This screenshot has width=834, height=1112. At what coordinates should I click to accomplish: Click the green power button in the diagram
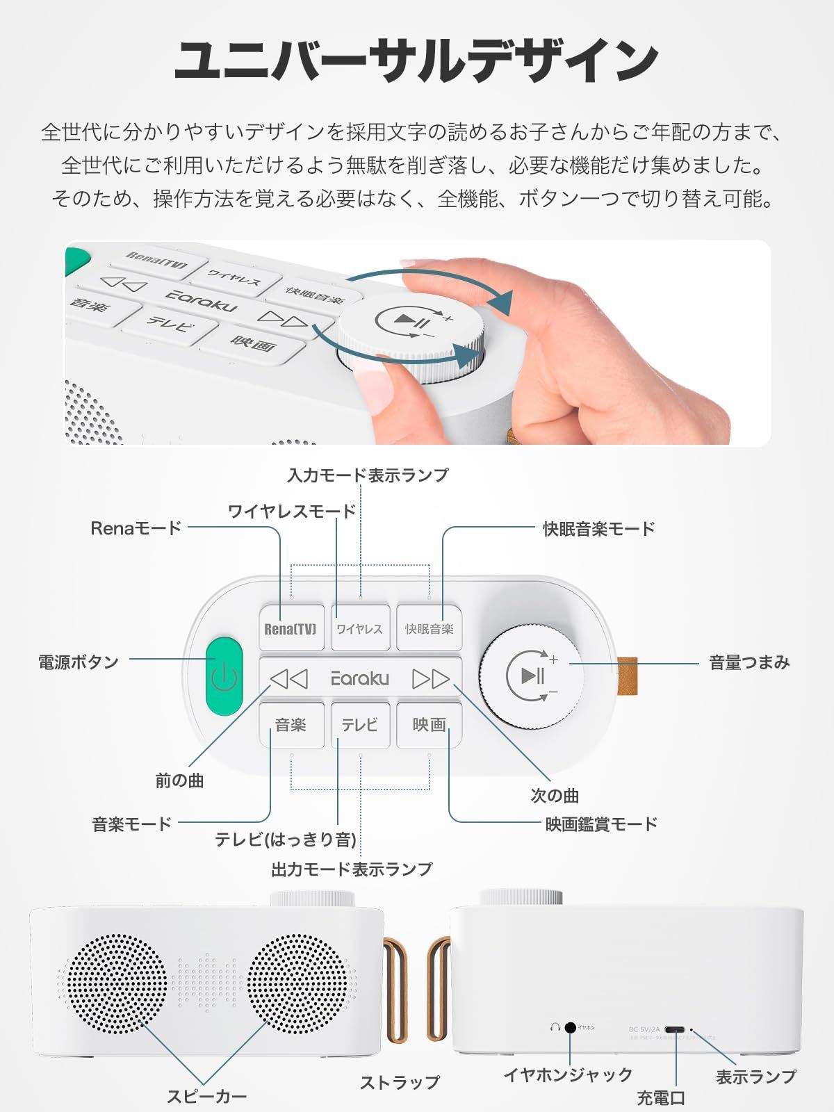tap(224, 675)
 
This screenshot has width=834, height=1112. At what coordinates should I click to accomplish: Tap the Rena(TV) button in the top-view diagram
tap(291, 629)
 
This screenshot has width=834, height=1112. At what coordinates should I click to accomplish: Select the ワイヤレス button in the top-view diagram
tap(359, 629)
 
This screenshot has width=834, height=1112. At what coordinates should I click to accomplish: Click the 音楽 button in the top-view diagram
tap(291, 725)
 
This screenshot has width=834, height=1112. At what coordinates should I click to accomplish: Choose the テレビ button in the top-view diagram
tap(359, 725)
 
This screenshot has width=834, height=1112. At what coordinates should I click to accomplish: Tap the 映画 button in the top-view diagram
tap(429, 725)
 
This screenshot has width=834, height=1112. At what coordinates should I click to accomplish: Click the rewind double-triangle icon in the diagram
tap(288, 678)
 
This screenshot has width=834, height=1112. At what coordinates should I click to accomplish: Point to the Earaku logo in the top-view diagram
tap(359, 678)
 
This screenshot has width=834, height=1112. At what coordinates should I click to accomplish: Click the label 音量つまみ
tap(749, 662)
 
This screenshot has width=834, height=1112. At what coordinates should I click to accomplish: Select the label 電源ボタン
tap(79, 662)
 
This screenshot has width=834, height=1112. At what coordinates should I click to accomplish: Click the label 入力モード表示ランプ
tap(368, 475)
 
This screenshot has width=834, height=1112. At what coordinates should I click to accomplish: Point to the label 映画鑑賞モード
tap(601, 824)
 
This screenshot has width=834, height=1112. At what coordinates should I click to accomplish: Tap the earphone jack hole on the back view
tap(571, 1027)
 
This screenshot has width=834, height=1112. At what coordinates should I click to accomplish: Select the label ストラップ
tap(400, 1082)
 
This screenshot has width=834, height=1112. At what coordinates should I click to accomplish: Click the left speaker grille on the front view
tap(117, 984)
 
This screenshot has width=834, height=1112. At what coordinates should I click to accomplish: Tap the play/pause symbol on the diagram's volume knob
tap(532, 675)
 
